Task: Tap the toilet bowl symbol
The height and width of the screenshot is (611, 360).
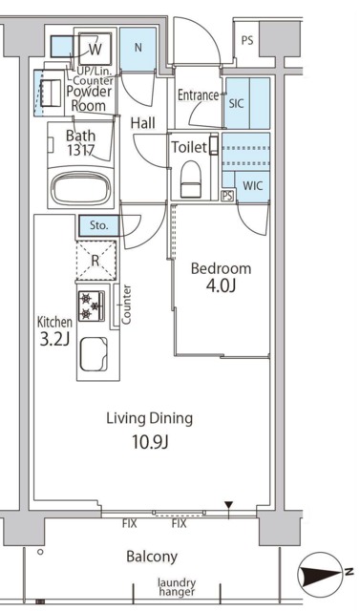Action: tap(190, 179)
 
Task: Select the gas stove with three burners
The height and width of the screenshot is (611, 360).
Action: tap(92, 305)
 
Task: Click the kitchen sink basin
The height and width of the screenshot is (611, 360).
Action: tap(94, 353)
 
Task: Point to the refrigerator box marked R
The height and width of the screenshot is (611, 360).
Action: tap(96, 261)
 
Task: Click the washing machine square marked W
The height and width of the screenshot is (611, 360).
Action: tap(95, 49)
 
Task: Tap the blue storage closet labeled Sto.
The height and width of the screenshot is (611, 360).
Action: tap(99, 225)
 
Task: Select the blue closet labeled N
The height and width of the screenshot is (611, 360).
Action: tap(138, 50)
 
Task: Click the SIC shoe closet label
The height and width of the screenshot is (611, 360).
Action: tap(236, 104)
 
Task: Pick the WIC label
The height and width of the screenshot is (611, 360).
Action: tap(252, 185)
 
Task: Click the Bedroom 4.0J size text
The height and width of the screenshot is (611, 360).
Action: tap(221, 286)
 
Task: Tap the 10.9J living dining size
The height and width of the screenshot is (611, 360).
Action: tap(150, 442)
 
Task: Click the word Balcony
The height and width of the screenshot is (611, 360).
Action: tap(152, 557)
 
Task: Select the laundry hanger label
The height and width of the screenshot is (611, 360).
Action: tap(177, 587)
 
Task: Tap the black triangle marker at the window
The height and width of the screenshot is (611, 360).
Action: tap(229, 505)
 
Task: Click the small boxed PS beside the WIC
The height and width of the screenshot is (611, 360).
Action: tap(227, 196)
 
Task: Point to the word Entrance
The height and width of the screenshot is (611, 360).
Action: tap(198, 95)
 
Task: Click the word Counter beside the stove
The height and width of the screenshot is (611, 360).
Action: tap(126, 305)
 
